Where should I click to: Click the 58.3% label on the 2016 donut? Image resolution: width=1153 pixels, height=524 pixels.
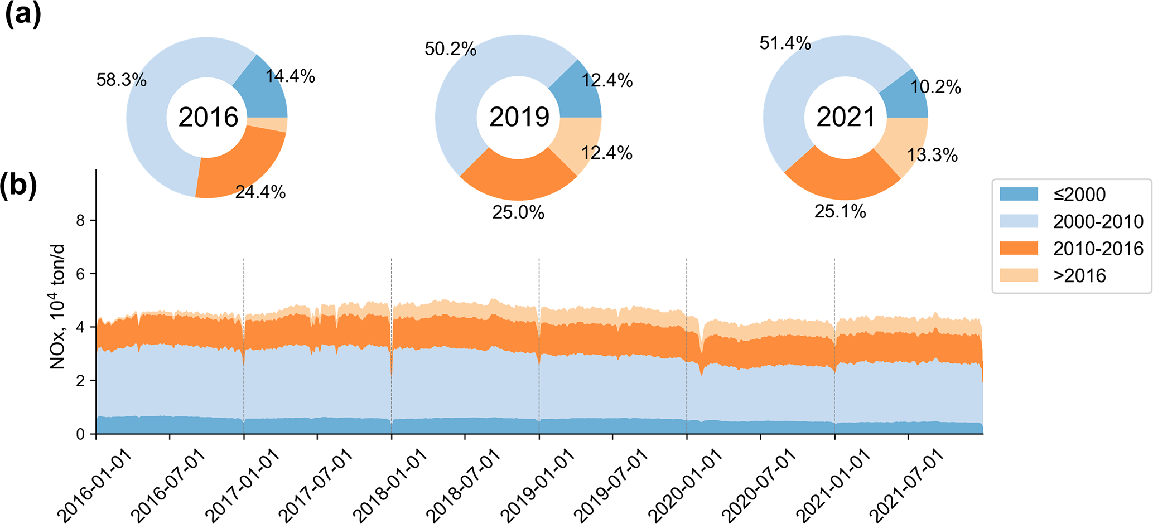coord(121,80)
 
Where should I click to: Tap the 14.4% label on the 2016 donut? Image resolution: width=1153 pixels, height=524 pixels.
coord(290,76)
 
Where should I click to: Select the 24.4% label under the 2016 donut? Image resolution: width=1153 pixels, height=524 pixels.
coord(260,192)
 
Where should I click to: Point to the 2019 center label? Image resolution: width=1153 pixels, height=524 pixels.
coord(519,117)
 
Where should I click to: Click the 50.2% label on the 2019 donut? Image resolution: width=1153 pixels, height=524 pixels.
coord(450,49)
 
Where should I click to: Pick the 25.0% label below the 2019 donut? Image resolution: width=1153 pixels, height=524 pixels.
coord(518,212)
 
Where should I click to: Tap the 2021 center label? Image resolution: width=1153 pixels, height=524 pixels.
coord(846,117)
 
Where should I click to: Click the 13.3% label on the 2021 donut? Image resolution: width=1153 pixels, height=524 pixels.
coord(932,155)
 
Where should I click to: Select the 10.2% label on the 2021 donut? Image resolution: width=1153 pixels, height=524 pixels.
coord(935,87)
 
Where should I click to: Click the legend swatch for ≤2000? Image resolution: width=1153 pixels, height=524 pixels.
coord(1019,194)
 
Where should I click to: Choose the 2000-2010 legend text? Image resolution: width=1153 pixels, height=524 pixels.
coord(1098,221)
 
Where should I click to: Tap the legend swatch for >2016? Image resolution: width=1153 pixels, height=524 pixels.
coord(1019,275)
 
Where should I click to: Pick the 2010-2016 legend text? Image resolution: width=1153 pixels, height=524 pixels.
coord(1098,249)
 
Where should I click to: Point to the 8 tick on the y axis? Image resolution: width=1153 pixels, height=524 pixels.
coord(81,221)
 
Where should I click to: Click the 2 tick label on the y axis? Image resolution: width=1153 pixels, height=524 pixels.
coord(81,381)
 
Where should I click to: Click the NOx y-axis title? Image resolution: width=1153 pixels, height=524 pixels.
coord(57,307)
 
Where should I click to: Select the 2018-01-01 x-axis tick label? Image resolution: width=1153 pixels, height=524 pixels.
coord(392,484)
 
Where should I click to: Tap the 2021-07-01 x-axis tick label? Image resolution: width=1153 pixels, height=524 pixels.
coord(908,484)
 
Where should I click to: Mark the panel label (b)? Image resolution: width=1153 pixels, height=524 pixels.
coord(18,185)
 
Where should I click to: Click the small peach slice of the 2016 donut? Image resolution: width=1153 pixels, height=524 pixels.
coord(267,124)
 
